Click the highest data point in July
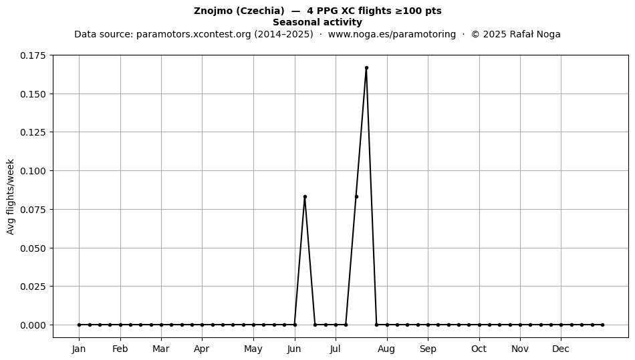[366, 68]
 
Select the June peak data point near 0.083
[305, 196]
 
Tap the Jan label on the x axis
[79, 349]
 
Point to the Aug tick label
[387, 349]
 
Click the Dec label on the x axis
[561, 349]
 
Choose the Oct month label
[479, 349]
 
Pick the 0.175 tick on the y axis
[33, 55]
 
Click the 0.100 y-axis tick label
[33, 171]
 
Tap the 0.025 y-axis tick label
[33, 287]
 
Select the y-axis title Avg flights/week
[11, 196]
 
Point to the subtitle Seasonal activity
[317, 22]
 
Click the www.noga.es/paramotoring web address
[392, 34]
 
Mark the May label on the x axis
[253, 349]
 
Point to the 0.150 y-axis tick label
[33, 94]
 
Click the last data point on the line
[603, 325]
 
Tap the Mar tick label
[161, 349]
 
